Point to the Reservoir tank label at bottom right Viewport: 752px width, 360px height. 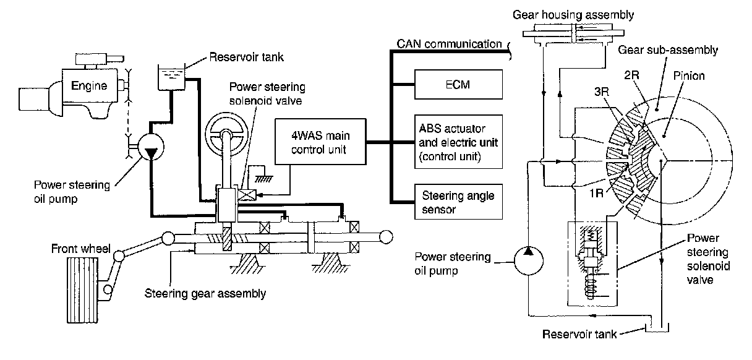[x=579, y=335]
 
